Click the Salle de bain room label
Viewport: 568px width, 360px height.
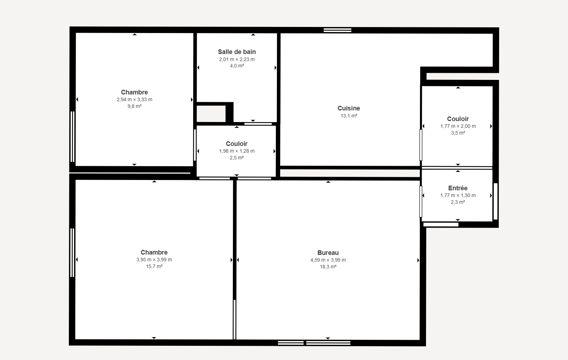click(237, 52)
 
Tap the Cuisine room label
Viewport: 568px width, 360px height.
click(349, 108)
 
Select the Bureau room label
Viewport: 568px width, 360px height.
click(328, 253)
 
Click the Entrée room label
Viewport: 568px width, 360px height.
click(458, 188)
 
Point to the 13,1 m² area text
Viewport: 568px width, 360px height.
click(349, 116)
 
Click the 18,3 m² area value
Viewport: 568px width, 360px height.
click(328, 267)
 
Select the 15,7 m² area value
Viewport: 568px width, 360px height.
click(154, 267)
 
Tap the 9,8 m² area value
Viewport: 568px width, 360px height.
click(135, 106)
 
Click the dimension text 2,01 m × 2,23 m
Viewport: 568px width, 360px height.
click(237, 59)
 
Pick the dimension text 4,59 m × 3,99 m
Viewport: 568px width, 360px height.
click(328, 260)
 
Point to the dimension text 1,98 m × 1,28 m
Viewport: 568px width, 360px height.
click(237, 151)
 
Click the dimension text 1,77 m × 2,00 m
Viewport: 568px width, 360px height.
click(458, 126)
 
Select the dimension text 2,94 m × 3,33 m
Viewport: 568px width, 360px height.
click(135, 99)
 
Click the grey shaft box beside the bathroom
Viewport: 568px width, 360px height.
click(211, 114)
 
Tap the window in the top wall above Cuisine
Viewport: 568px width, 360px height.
click(338, 31)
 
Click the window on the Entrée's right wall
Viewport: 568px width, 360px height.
click(496, 201)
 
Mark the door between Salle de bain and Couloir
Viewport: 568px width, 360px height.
click(258, 124)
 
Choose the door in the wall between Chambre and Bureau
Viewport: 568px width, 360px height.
click(235, 320)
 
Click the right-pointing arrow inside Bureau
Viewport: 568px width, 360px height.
click(418, 260)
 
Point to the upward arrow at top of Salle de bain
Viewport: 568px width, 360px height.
click(253, 34)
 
